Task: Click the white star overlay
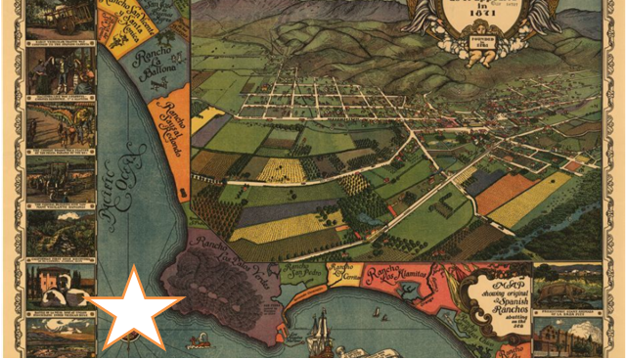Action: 136,308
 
